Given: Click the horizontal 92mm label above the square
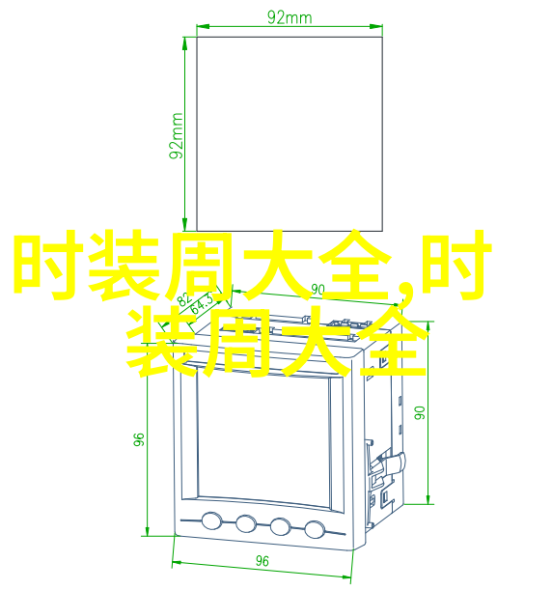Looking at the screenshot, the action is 290,17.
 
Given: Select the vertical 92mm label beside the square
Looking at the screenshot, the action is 176,136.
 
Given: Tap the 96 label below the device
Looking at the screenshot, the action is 262,561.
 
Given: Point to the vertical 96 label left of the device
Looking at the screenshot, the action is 139,439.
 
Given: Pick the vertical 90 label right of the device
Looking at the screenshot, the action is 419,412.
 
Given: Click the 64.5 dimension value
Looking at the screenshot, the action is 203,303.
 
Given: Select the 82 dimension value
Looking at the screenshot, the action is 185,300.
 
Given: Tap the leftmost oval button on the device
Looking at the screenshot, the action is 211,520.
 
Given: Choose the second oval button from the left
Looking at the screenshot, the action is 246,523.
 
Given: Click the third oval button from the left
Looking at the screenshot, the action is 280,526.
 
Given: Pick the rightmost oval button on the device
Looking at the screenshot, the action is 315,529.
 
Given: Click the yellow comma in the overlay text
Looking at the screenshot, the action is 403,293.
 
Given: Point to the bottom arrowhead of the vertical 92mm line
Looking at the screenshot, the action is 184,225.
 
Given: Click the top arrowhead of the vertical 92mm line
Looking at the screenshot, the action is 184,43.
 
